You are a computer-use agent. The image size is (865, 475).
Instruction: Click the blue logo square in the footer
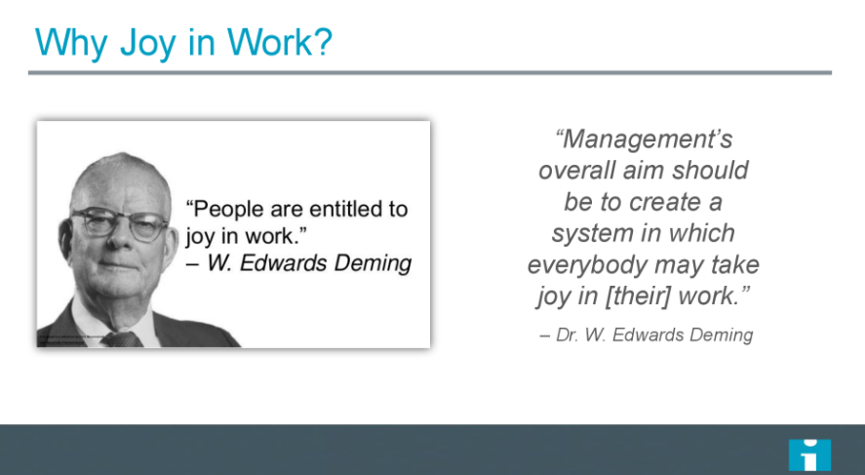809,455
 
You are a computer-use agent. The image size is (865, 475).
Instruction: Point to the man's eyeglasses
120,225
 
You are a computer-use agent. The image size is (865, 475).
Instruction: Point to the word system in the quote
595,234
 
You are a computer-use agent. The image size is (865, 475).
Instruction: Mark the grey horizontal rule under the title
429,72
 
